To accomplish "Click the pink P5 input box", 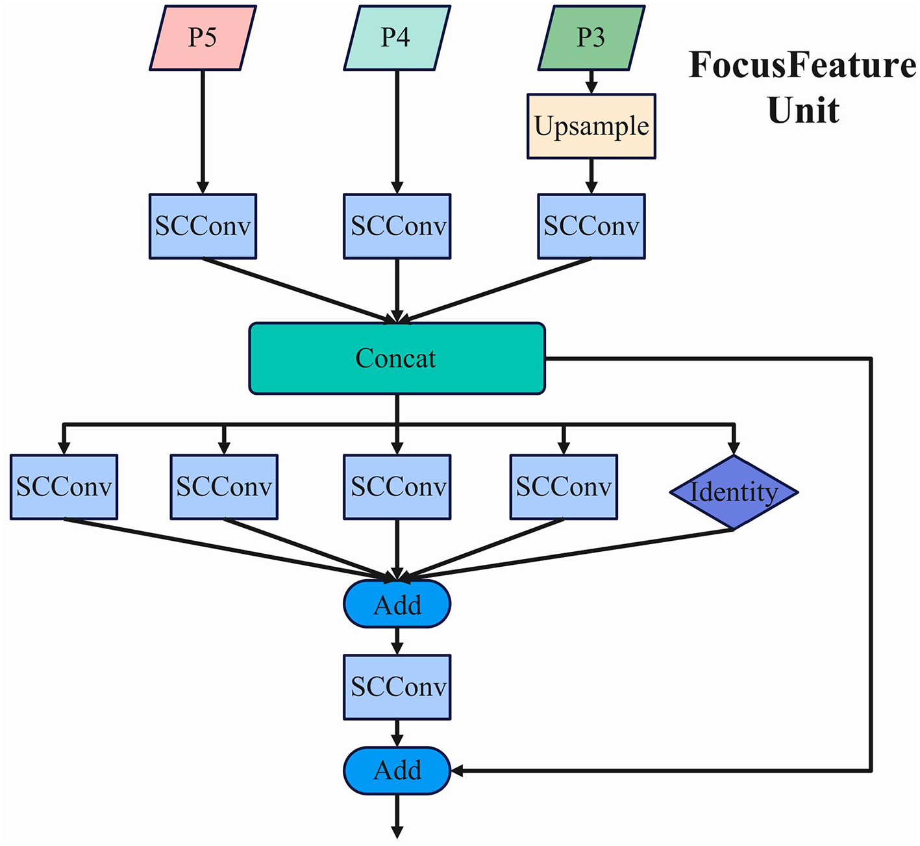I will (x=203, y=38).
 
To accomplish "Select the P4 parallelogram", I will (x=397, y=38).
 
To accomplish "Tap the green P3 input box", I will (x=591, y=38).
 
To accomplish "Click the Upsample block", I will (x=591, y=126).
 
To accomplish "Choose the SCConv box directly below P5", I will (x=203, y=226).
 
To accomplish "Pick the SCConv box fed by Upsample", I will (x=591, y=226).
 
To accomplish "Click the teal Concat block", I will (x=397, y=358).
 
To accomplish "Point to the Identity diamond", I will (x=733, y=492).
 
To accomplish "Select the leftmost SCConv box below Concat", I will (x=64, y=487).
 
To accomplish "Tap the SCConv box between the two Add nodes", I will (x=397, y=687).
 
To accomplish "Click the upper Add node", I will (x=397, y=604).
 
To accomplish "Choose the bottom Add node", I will (x=397, y=770).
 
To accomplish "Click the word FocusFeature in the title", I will (x=802, y=65).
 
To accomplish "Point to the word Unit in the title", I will (x=803, y=110).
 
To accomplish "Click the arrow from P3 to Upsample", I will (x=591, y=82).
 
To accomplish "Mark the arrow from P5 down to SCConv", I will (x=203, y=130).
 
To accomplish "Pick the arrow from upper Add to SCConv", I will (x=397, y=641).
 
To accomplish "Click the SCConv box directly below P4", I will (x=397, y=226).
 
